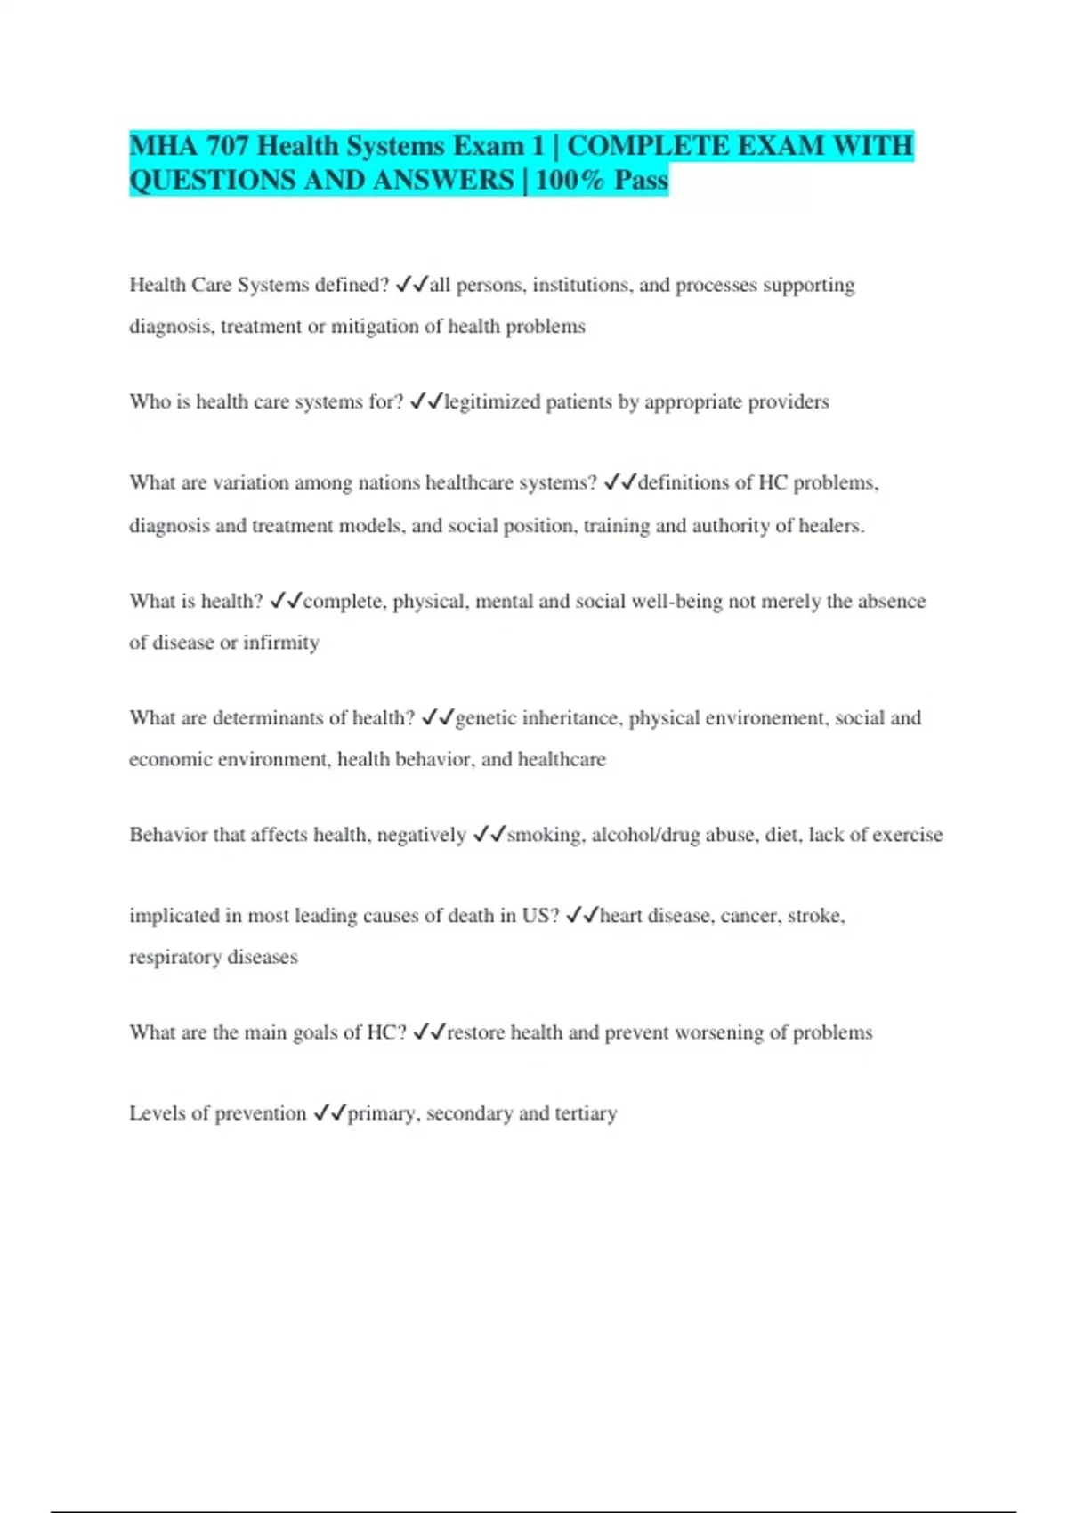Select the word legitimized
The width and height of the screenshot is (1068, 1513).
[x=492, y=402]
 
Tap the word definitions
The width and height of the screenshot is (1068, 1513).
[x=684, y=483]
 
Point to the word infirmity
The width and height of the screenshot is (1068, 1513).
[x=280, y=643]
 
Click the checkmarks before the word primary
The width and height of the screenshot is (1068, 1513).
[x=329, y=1113]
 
